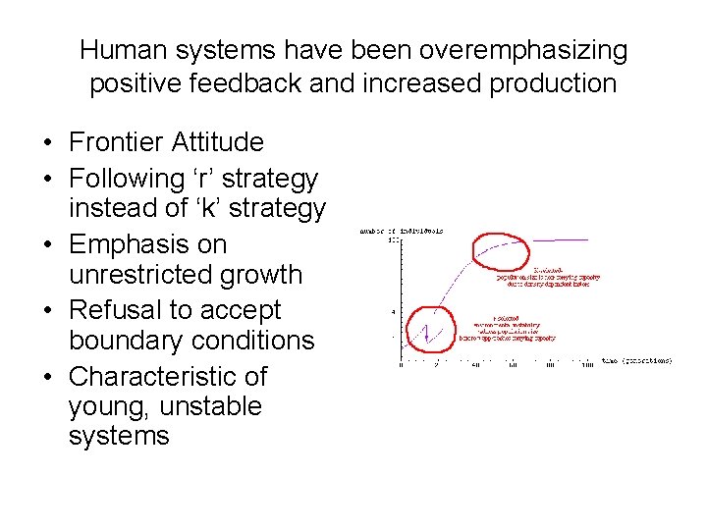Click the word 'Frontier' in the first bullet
pyautogui.click(x=116, y=142)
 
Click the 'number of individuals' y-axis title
pyautogui.click(x=403, y=231)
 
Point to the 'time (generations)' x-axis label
pyautogui.click(x=637, y=361)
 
